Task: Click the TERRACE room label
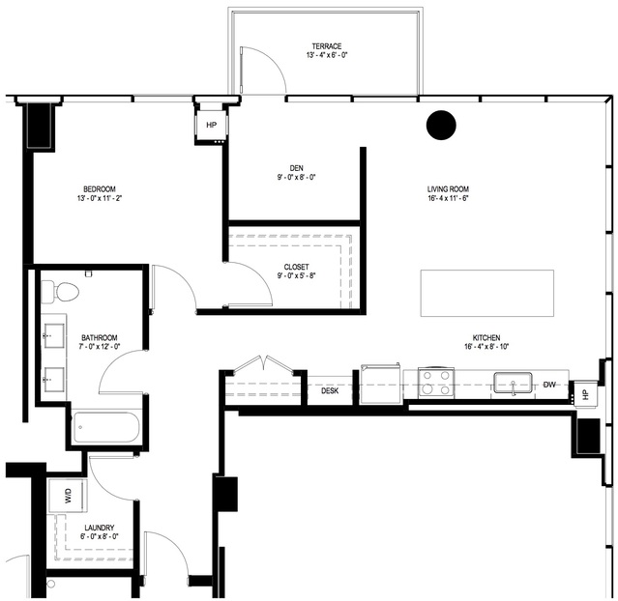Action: pyautogui.click(x=327, y=46)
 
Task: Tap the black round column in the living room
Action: pyautogui.click(x=441, y=125)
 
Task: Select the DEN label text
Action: pyautogui.click(x=296, y=168)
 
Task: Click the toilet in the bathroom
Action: pyautogui.click(x=60, y=292)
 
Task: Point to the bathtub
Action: pyautogui.click(x=106, y=427)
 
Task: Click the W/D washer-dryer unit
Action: pyautogui.click(x=68, y=496)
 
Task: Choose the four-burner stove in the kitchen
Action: pyautogui.click(x=435, y=383)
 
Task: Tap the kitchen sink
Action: pyautogui.click(x=513, y=383)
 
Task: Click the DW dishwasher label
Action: pyautogui.click(x=549, y=385)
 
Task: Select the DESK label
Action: pyautogui.click(x=330, y=390)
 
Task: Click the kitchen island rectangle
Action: pyautogui.click(x=487, y=293)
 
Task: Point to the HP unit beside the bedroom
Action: pyautogui.click(x=212, y=125)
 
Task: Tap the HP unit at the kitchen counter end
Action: pyautogui.click(x=585, y=394)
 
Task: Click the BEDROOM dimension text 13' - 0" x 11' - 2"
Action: pyautogui.click(x=100, y=198)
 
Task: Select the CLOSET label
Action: pyautogui.click(x=296, y=267)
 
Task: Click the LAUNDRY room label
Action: pyautogui.click(x=100, y=528)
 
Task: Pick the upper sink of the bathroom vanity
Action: pyautogui.click(x=54, y=336)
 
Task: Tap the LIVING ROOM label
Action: pyautogui.click(x=448, y=189)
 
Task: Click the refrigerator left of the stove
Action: pyautogui.click(x=381, y=384)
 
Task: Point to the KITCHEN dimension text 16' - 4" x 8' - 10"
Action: pyautogui.click(x=487, y=347)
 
